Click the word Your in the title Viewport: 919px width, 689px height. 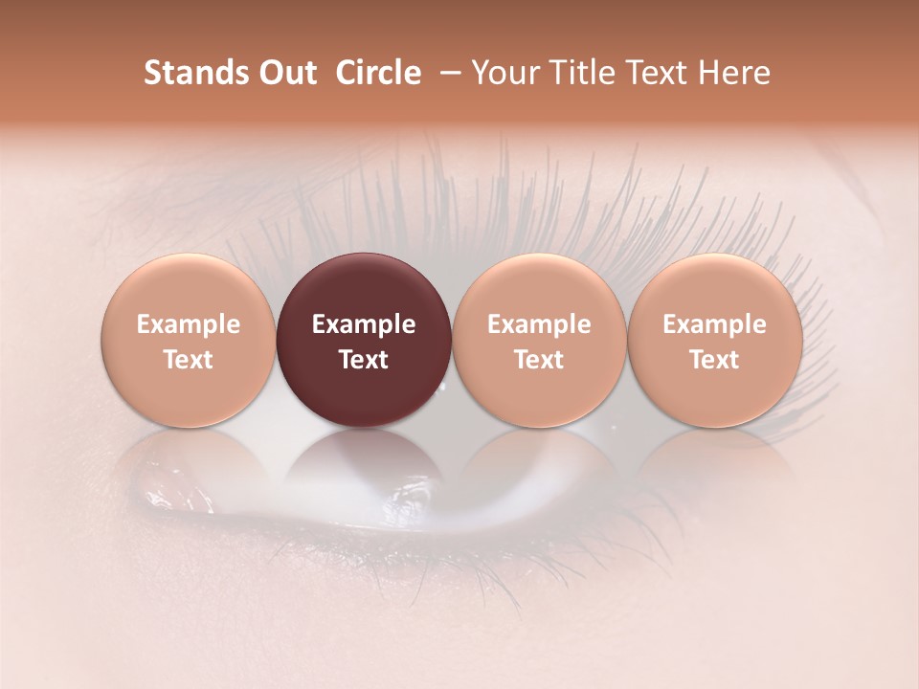tap(505, 73)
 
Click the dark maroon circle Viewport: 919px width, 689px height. tap(364, 340)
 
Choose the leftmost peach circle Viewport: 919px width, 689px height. tap(189, 340)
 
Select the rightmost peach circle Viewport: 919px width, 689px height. tap(715, 340)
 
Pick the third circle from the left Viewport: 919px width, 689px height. tap(539, 340)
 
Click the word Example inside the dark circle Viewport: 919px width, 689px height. tap(364, 324)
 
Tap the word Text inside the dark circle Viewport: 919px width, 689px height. tap(364, 360)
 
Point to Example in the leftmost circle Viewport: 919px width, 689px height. tap(189, 324)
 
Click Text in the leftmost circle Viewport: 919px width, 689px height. tap(189, 360)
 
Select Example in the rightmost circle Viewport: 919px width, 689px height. tap(715, 324)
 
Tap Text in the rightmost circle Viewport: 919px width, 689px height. tap(715, 360)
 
